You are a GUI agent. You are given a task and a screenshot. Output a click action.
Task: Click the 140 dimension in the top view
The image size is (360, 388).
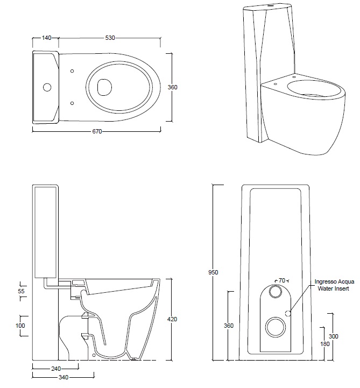click(x=46, y=38)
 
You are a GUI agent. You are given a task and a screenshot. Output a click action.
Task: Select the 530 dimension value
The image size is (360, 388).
click(x=110, y=38)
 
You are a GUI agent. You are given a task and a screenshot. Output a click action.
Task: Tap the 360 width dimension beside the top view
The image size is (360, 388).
click(x=173, y=87)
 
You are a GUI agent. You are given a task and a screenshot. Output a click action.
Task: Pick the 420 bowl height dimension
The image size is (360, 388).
click(x=172, y=320)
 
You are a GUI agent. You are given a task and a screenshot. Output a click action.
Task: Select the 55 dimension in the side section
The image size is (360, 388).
click(x=22, y=291)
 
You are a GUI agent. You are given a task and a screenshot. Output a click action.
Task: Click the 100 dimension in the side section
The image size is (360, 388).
click(x=20, y=326)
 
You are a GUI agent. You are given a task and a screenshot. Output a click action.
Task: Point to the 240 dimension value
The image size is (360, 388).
click(x=55, y=369)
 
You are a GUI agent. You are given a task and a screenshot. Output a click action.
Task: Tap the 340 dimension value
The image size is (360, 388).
click(x=63, y=378)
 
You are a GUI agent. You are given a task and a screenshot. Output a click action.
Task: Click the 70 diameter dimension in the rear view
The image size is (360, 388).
click(x=281, y=281)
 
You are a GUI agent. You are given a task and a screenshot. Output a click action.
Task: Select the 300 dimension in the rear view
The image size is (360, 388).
click(x=333, y=336)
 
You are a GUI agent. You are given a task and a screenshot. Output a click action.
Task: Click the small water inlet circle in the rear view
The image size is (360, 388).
click(x=288, y=313)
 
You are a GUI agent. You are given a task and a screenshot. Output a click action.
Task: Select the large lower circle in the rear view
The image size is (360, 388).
click(x=276, y=326)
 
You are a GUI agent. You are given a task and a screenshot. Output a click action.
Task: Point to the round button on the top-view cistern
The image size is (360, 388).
click(x=46, y=87)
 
